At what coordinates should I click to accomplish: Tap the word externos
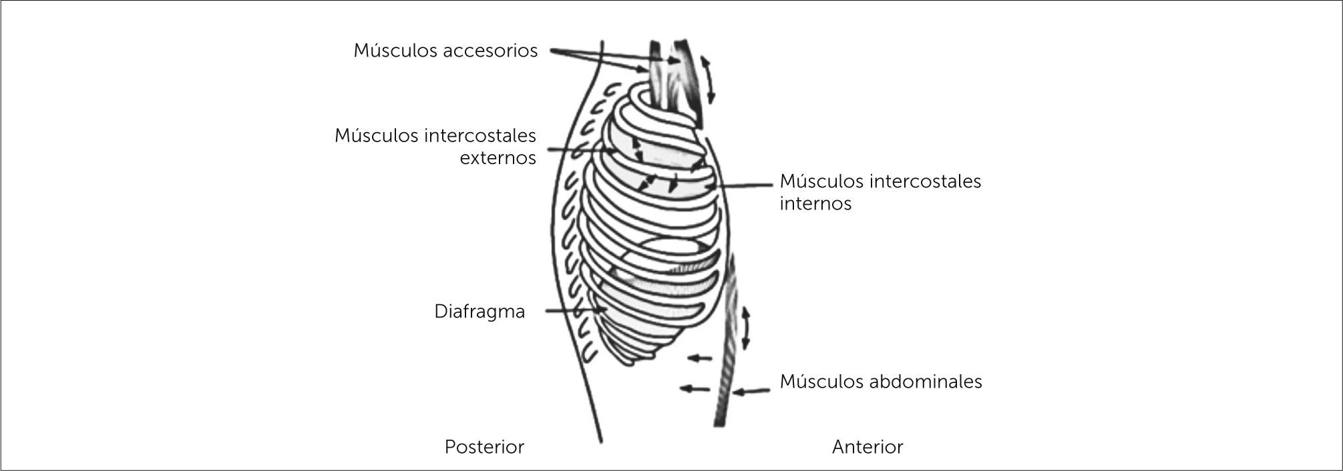click(x=498, y=158)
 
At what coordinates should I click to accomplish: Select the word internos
click(x=815, y=203)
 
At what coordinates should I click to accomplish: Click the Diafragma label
click(x=479, y=312)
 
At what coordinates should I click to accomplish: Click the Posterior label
click(x=484, y=447)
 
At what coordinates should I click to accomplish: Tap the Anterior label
click(x=868, y=447)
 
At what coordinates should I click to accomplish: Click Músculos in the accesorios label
click(x=395, y=51)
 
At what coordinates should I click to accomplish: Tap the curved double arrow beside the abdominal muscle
click(x=745, y=328)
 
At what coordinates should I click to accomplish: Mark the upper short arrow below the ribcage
click(x=700, y=358)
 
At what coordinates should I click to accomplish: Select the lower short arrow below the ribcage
click(x=695, y=388)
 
